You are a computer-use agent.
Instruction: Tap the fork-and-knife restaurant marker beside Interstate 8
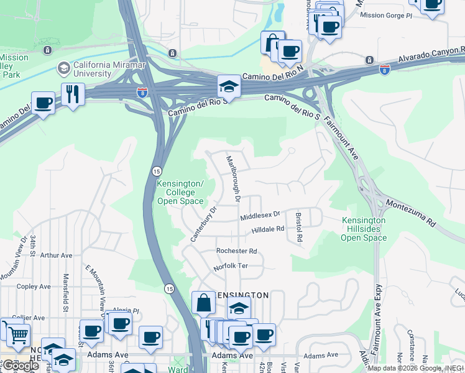tap(73, 94)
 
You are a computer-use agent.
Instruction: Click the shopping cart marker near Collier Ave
tap(18, 335)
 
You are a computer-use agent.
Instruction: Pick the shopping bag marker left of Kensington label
tap(203, 303)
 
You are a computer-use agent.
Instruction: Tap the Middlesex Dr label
tap(260, 216)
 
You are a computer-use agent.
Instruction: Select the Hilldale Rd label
tap(267, 229)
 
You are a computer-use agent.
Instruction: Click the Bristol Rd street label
tap(299, 227)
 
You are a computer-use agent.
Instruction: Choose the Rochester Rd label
tap(236, 251)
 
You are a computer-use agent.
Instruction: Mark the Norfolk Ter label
tap(231, 266)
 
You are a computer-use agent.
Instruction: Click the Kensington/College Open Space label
tap(180, 192)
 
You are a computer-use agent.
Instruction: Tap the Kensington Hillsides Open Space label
tap(364, 229)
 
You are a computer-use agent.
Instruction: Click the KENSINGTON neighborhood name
tap(241, 295)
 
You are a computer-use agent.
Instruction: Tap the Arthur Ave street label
tap(56, 255)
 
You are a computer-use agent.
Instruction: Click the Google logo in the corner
tap(20, 366)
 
